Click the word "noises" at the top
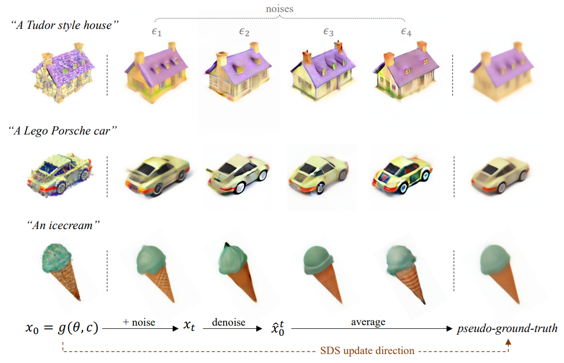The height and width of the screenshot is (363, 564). tap(279, 8)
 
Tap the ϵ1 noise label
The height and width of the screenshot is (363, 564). tap(156, 32)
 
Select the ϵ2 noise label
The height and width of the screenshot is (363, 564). tap(244, 32)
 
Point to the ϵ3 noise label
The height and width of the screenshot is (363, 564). tap(328, 32)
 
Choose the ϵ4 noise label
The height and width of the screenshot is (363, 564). tap(406, 32)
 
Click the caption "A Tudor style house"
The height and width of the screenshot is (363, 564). tap(65, 25)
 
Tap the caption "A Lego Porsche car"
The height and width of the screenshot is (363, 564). tap(63, 131)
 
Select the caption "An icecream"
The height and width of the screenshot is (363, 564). tap(64, 225)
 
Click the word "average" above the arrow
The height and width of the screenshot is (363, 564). tap(368, 321)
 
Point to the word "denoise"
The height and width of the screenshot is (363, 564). tap(229, 321)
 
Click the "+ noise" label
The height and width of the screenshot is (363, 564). tap(139, 322)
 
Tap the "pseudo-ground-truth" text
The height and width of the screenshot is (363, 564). tap(507, 328)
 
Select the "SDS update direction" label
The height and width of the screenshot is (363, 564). tap(367, 350)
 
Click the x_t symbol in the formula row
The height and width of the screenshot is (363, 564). tap(189, 326)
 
